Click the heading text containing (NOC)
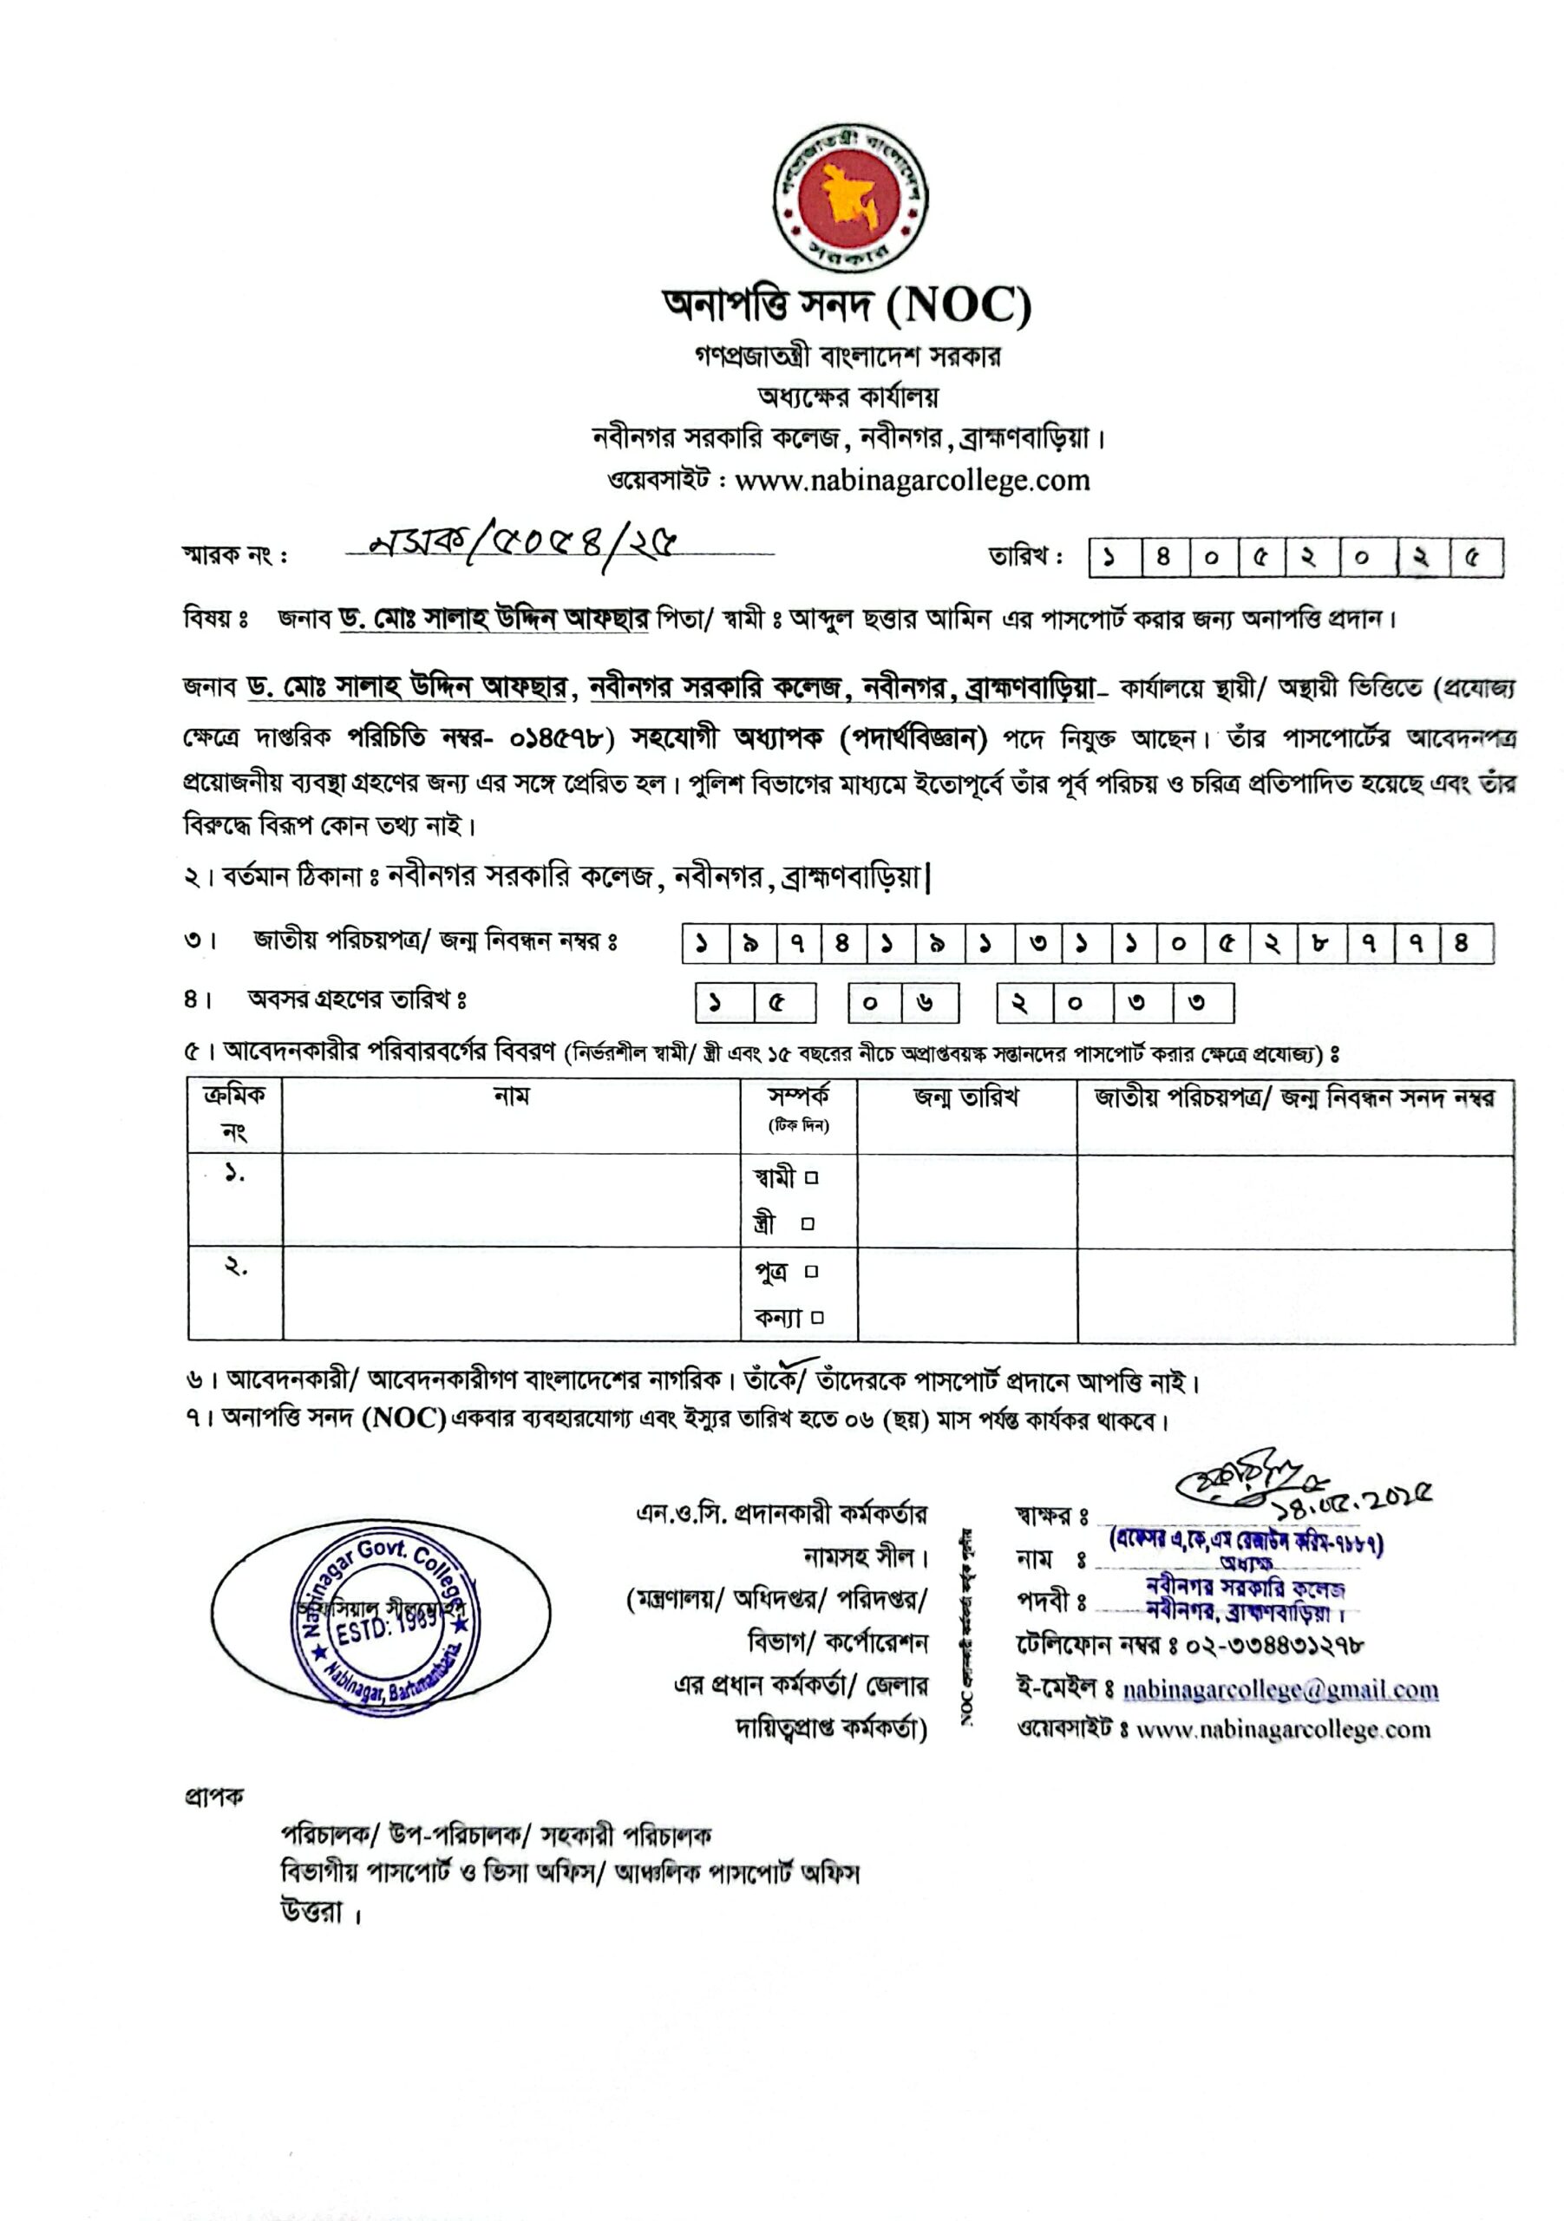847,305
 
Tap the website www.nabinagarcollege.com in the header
911,481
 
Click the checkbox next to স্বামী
812,1178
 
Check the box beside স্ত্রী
808,1223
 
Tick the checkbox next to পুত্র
812,1271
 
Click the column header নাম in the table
511,1096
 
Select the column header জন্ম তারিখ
965,1097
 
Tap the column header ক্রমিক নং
234,1112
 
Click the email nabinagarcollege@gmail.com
1279,1689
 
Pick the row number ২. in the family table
236,1268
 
